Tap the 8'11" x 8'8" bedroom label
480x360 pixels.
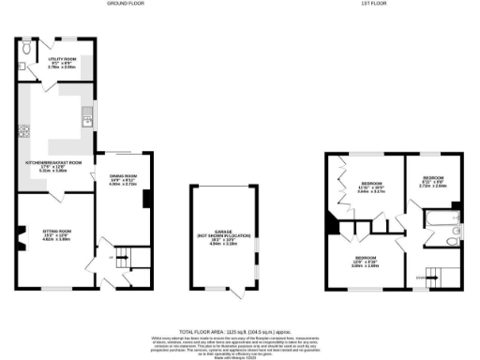[x=432, y=179]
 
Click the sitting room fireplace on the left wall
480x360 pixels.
[x=20, y=240]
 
